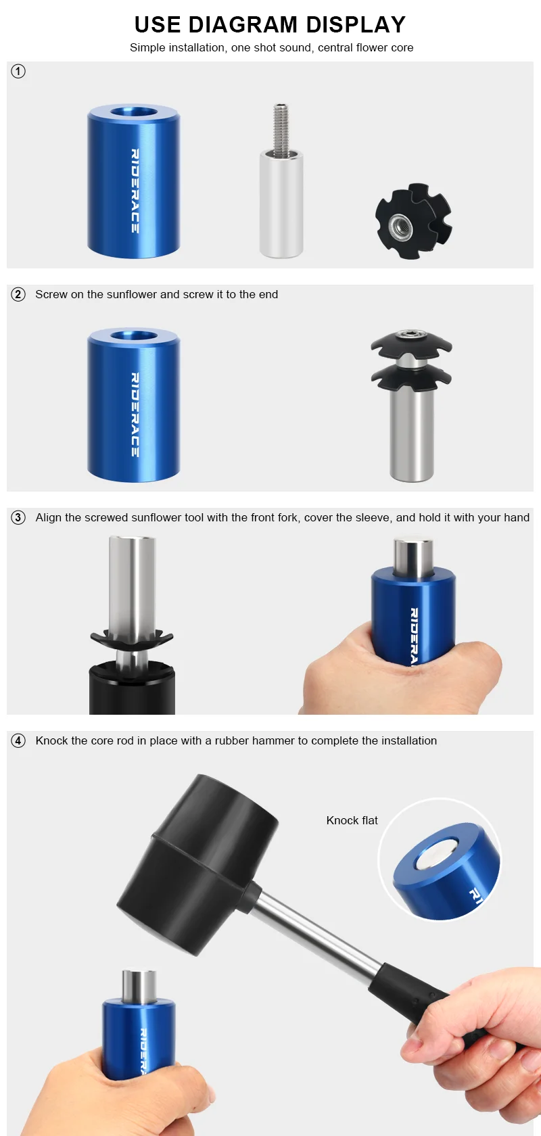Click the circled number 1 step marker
tap(18, 71)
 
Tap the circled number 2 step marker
tap(18, 294)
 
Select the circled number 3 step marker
tap(18, 517)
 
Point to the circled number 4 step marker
tap(18, 740)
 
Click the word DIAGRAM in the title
tap(243, 24)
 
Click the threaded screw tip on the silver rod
tap(281, 128)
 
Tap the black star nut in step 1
tap(413, 221)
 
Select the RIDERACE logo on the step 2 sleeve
tap(135, 415)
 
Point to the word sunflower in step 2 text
tap(132, 294)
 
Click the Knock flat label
tap(352, 820)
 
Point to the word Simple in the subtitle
tap(147, 47)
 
